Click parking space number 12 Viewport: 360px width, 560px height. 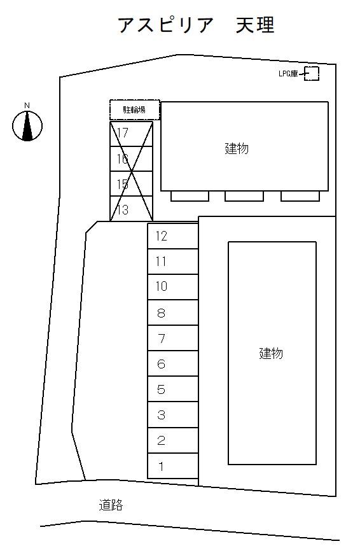click(x=173, y=236)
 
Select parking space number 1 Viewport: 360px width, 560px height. click(x=173, y=466)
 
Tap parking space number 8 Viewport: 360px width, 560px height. click(x=173, y=312)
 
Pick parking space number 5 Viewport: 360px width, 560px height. click(x=173, y=389)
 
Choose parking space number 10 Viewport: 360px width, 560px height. click(x=173, y=287)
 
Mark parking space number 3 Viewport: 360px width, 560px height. click(x=173, y=415)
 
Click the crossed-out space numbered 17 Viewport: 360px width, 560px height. click(x=131, y=134)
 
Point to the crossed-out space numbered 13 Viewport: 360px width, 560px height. click(x=131, y=209)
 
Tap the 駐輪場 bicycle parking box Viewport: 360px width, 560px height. click(x=134, y=109)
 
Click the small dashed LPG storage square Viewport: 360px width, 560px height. click(x=312, y=74)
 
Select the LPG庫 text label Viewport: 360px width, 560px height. click(x=288, y=74)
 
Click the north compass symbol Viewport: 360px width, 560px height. click(x=27, y=126)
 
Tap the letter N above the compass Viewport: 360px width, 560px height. click(x=27, y=106)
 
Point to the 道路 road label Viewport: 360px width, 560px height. click(x=111, y=505)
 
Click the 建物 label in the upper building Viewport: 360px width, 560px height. click(x=237, y=148)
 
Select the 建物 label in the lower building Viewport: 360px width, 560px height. click(x=271, y=353)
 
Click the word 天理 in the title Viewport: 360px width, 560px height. click(x=255, y=25)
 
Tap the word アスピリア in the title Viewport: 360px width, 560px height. click(x=165, y=25)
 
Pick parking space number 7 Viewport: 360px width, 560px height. click(x=173, y=338)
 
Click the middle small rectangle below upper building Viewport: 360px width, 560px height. click(x=244, y=196)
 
